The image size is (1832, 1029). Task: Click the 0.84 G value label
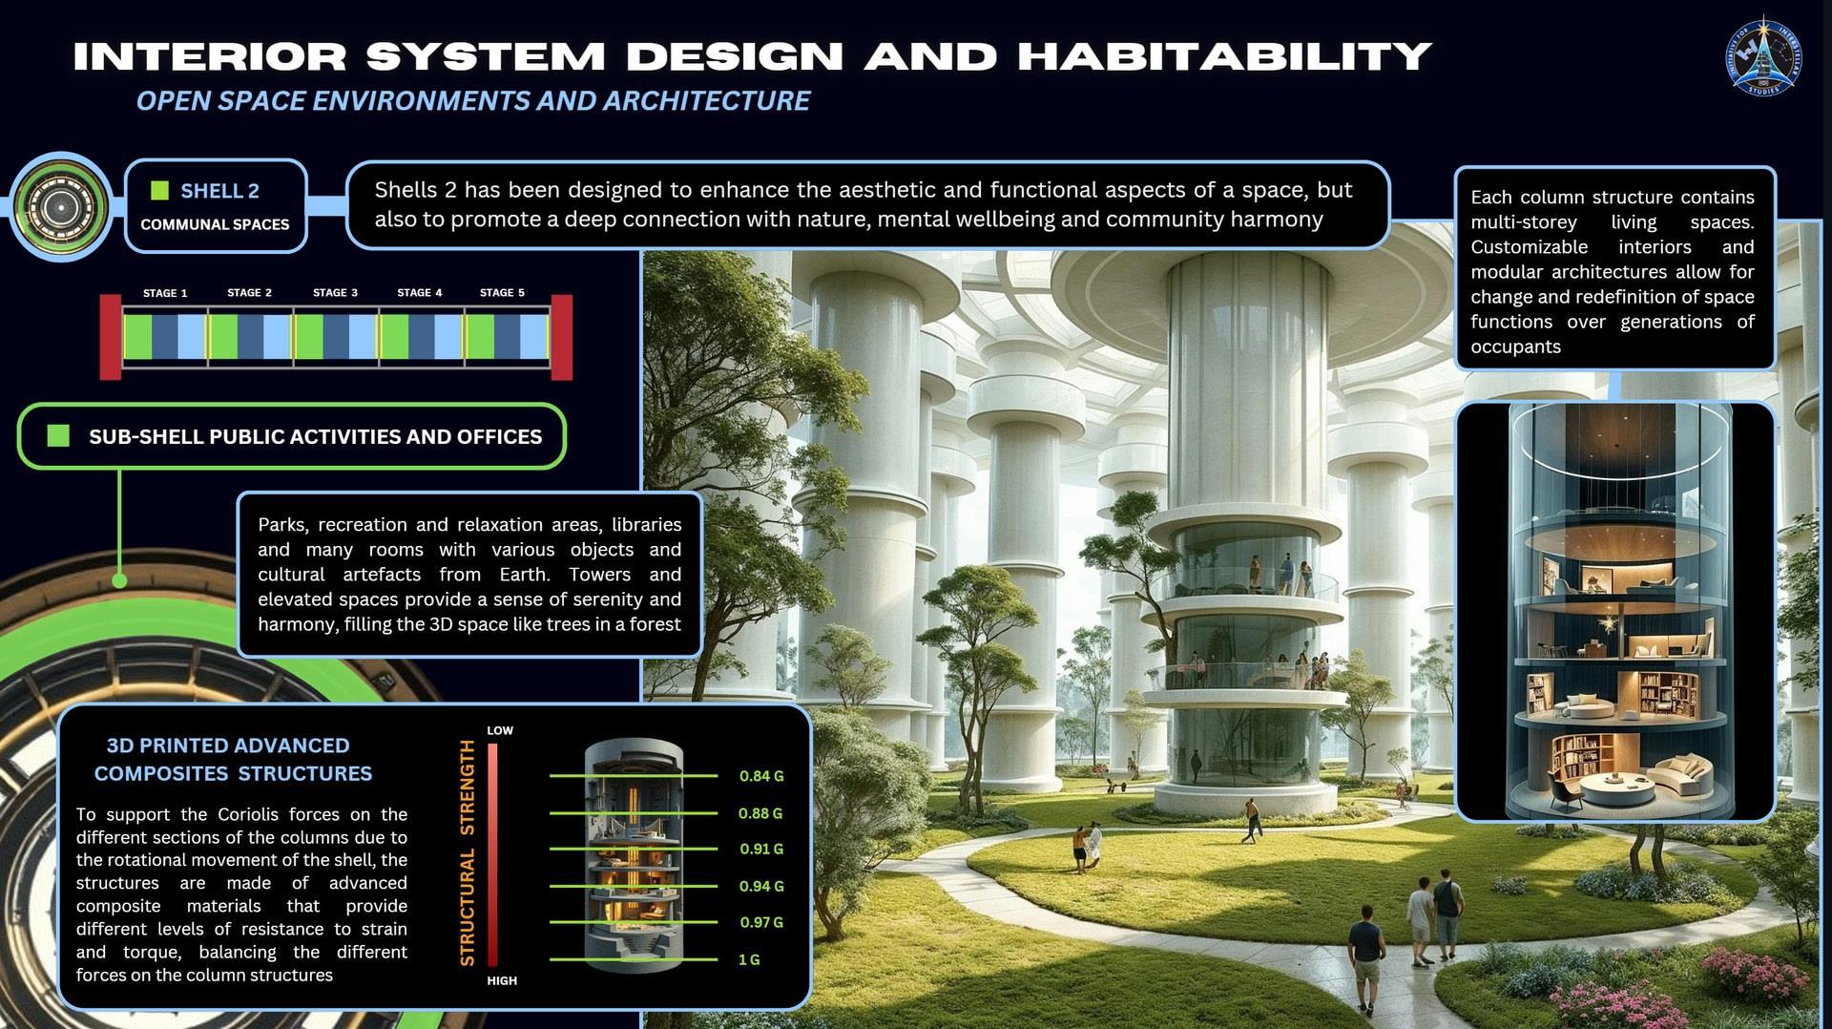coord(761,776)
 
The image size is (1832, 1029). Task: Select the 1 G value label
coord(749,959)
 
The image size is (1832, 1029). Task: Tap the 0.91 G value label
coord(761,849)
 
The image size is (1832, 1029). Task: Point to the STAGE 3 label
coord(335,292)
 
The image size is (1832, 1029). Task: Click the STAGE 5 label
coord(502,292)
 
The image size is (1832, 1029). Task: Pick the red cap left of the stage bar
coord(111,337)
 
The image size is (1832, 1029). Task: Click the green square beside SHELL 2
coord(160,191)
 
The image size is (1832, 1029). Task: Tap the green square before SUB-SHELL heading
coord(58,436)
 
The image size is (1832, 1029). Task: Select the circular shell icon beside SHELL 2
coord(59,206)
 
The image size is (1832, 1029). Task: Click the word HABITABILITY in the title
coord(1225,56)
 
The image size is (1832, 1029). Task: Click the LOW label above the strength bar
coord(500,730)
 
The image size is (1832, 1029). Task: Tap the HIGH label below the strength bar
coord(502,980)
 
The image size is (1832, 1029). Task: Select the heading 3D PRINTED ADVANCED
coord(228,745)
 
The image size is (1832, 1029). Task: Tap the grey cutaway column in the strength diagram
coord(634,855)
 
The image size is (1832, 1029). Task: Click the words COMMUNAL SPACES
coord(215,224)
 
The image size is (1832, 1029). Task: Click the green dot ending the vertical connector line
coord(119,580)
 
